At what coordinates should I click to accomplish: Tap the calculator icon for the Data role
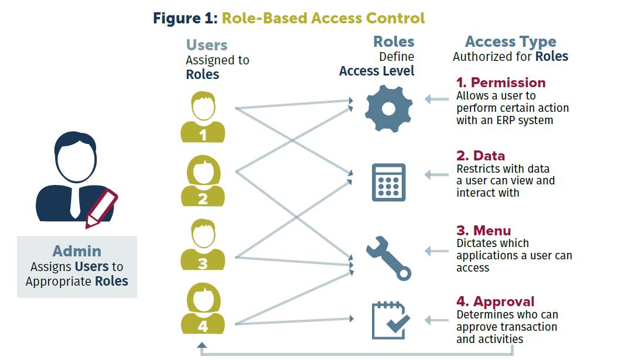388,183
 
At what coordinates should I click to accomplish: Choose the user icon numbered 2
203,181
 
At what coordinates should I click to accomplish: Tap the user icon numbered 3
203,245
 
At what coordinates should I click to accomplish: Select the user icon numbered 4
203,308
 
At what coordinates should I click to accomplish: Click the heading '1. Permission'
501,83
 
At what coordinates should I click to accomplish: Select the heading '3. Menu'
483,230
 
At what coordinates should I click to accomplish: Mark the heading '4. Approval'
495,301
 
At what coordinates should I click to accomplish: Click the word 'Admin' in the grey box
77,251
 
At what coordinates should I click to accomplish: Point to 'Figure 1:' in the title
185,18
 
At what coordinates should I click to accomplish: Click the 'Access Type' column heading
510,42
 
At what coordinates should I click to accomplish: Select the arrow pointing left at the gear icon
436,100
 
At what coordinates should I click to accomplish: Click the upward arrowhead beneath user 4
202,347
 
